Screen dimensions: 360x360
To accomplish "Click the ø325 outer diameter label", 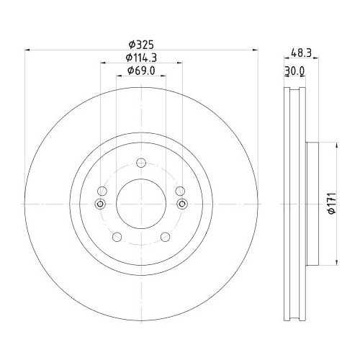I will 141,43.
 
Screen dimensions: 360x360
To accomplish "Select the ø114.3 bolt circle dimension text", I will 141,57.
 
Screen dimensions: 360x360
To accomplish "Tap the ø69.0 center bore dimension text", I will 141,71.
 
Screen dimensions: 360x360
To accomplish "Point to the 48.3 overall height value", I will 302,52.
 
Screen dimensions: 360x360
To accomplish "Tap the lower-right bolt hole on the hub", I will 166,238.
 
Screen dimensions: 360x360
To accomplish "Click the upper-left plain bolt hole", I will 102,191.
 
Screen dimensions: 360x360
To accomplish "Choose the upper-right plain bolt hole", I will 181,191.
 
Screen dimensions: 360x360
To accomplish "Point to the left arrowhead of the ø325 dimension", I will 27,50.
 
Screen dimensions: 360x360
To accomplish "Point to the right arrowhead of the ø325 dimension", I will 255,50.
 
